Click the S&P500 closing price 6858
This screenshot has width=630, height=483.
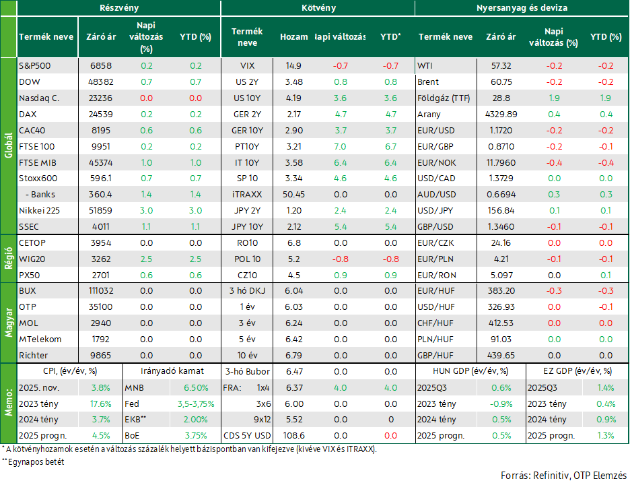coord(101,66)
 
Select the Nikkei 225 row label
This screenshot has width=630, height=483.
coord(39,211)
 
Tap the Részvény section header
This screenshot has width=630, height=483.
coord(119,8)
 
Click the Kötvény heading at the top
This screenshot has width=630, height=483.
coord(318,8)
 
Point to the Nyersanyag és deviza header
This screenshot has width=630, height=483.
coord(522,8)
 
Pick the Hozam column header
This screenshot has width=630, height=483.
coord(293,37)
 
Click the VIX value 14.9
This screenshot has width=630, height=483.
coord(293,66)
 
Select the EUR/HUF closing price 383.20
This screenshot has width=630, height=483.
coord(501,291)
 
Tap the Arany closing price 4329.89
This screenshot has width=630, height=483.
coord(501,115)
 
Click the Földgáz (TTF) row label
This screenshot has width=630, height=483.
coord(444,98)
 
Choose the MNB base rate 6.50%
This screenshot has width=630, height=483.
coord(196,388)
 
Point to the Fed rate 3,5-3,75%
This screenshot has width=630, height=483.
coord(196,404)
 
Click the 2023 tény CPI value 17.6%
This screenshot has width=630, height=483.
coord(101,404)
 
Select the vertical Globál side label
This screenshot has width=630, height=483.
coord(9,146)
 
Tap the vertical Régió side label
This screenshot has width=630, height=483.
coord(9,259)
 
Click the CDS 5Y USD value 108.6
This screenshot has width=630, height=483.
coord(293,436)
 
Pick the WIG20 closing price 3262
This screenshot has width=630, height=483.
coord(101,259)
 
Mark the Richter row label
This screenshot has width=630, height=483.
coord(34,356)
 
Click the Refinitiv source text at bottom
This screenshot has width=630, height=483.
coord(551,476)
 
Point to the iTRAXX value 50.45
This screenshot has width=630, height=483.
coord(293,195)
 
